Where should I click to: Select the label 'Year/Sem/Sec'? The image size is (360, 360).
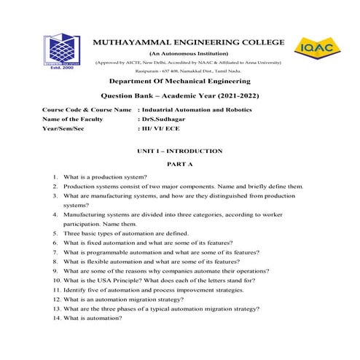pyautogui.click(x=63, y=128)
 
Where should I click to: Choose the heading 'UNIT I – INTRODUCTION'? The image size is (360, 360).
pyautogui.click(x=179, y=151)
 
